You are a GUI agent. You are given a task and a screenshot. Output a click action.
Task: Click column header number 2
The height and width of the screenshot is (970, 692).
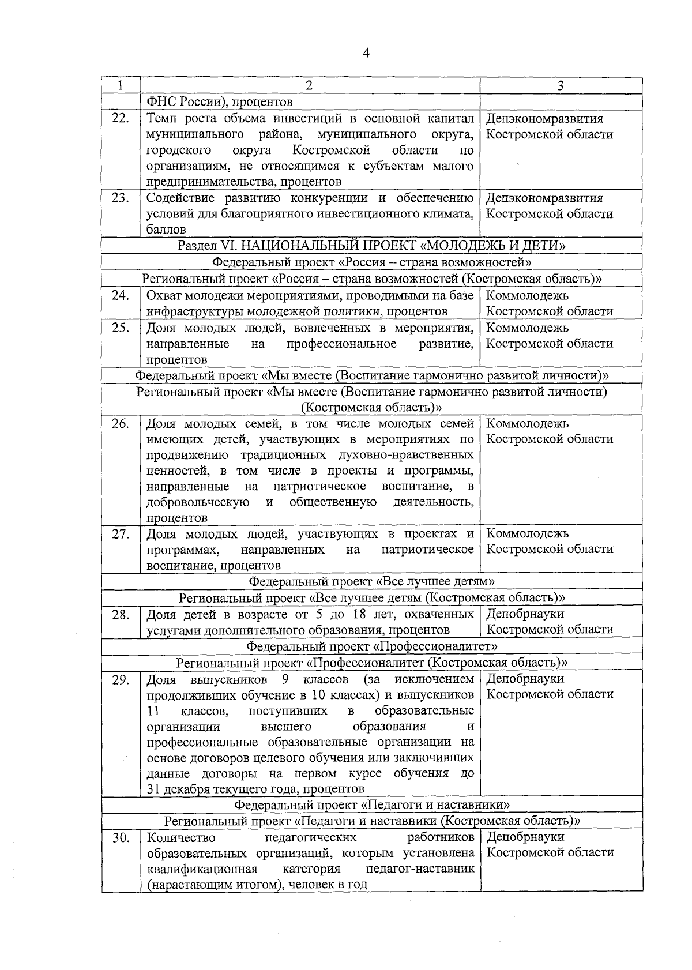[x=310, y=85]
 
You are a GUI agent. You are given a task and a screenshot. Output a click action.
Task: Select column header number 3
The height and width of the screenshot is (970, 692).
[x=561, y=85]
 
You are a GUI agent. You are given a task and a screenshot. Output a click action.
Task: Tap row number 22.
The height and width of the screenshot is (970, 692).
[x=120, y=118]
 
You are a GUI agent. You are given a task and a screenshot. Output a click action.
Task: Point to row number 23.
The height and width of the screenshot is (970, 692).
[x=120, y=198]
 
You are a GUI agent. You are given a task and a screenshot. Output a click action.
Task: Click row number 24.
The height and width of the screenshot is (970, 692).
[x=120, y=295]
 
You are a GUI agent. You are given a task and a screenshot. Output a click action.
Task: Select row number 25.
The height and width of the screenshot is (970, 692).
[x=120, y=328]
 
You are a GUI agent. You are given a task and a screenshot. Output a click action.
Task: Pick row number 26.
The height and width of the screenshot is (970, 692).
[x=120, y=423]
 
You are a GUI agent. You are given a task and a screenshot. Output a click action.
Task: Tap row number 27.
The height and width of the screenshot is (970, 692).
[x=120, y=533]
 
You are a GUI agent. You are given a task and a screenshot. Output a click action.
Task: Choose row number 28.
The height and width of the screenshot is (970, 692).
[x=120, y=614]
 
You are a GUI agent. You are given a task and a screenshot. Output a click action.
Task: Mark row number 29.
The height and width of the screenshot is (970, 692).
[x=120, y=679]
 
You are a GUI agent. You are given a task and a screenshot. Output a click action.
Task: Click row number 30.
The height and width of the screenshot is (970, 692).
[x=120, y=837]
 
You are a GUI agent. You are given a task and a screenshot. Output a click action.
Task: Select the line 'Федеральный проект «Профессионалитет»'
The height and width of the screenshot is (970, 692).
[x=372, y=646]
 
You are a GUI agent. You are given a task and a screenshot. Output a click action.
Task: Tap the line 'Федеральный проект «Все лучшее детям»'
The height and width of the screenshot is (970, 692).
[x=372, y=581]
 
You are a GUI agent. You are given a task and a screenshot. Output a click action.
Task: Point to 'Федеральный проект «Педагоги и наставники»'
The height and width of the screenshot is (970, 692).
[x=372, y=804]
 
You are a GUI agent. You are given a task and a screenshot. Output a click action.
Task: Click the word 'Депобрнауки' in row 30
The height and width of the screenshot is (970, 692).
[x=525, y=837]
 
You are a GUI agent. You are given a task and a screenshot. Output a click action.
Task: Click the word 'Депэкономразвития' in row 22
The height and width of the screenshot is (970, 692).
[x=544, y=118]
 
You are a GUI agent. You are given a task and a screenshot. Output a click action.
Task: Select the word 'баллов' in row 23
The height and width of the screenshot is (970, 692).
[x=166, y=230]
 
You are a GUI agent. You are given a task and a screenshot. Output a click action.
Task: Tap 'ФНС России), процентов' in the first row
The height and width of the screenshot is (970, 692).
[x=220, y=102]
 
